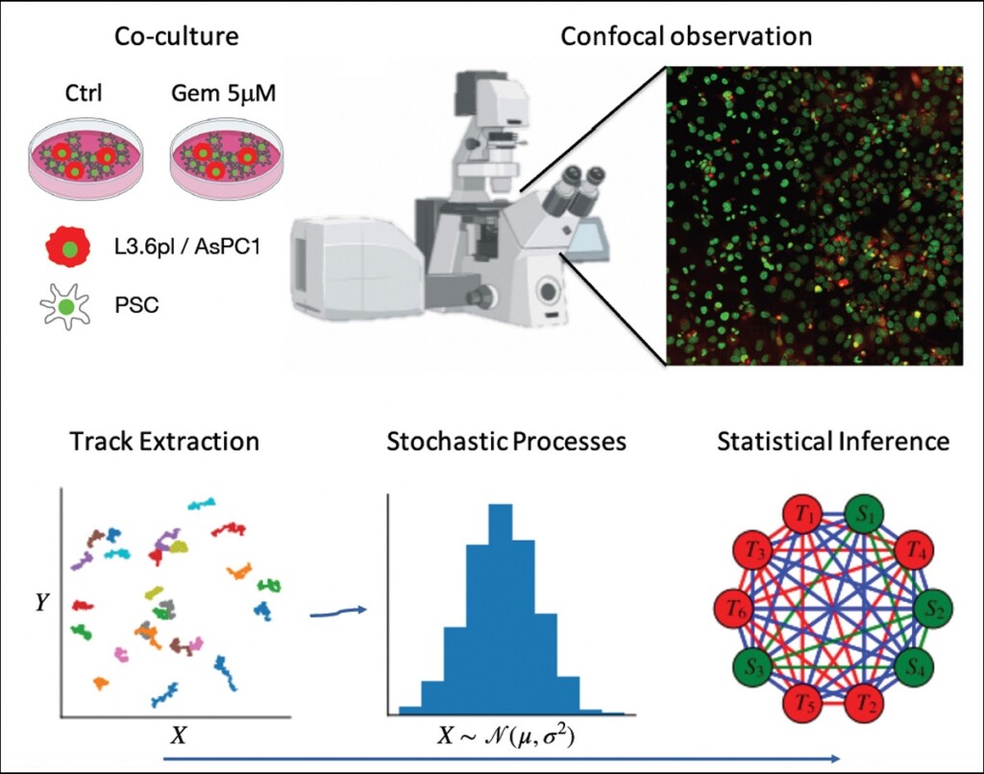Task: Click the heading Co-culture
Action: [177, 36]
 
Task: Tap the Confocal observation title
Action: [686, 36]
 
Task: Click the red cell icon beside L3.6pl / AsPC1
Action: [68, 247]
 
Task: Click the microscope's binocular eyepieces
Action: [571, 190]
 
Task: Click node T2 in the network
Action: [866, 702]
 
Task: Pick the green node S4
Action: [916, 667]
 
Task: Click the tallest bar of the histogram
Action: [501, 609]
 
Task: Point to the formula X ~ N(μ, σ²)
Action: [505, 735]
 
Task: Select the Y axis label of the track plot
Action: [41, 603]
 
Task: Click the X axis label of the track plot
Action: [179, 735]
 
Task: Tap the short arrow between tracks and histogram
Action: [338, 612]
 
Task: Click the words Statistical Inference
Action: [833, 442]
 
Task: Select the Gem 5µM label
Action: [223, 93]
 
